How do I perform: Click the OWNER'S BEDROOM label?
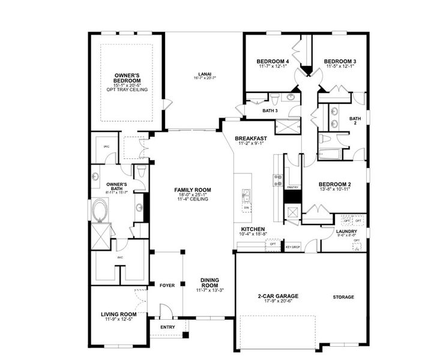click(x=127, y=78)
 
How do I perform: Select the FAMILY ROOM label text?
click(x=193, y=190)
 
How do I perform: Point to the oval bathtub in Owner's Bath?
click(x=99, y=211)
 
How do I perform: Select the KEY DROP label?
click(x=292, y=247)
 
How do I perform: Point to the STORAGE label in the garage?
click(x=343, y=297)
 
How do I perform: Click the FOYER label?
click(x=167, y=285)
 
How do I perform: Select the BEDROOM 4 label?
click(x=273, y=61)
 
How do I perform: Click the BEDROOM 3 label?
click(x=340, y=61)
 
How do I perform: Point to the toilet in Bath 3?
click(x=274, y=98)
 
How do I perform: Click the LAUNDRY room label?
click(x=347, y=232)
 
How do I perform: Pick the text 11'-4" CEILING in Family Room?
click(x=193, y=199)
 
